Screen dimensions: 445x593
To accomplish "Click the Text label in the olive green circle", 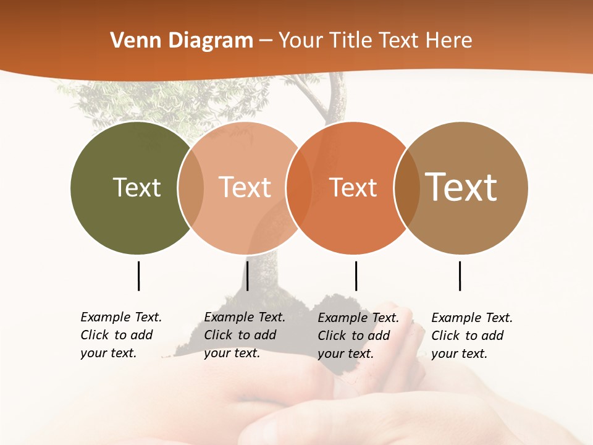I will tap(137, 187).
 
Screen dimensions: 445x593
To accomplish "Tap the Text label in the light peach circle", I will tap(245, 187).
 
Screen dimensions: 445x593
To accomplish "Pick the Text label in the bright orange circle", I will tap(353, 187).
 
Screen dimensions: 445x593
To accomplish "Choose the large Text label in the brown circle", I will tap(461, 187).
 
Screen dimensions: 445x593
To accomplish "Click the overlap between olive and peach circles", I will tap(191, 188).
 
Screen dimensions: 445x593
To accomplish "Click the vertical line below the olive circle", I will tap(138, 276).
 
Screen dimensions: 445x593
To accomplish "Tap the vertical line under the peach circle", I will tap(247, 276).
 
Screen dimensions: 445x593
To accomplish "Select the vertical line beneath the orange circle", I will tap(356, 276).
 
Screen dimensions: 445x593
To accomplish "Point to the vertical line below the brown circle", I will tap(460, 276).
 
